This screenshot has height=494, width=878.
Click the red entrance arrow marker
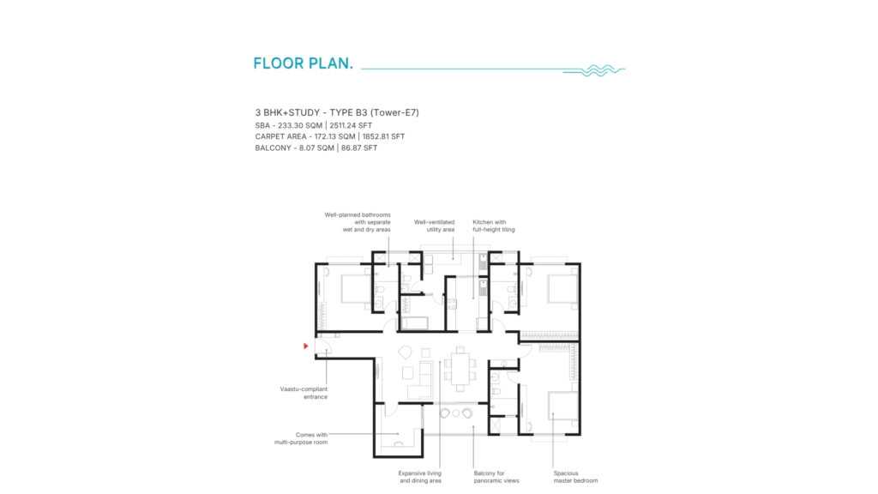(306, 346)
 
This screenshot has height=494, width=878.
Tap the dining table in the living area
(460, 370)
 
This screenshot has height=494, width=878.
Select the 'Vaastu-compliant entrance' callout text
(304, 393)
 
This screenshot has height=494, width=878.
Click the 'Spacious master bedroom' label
(575, 477)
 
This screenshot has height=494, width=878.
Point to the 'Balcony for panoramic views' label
(496, 477)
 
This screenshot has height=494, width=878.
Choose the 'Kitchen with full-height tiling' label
(493, 226)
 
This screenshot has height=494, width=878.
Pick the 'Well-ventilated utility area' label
(434, 226)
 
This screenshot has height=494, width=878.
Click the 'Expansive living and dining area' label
(419, 477)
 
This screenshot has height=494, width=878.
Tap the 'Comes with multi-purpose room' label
(301, 438)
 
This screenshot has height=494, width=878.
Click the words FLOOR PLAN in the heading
(303, 63)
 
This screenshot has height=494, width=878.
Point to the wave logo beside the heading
(594, 70)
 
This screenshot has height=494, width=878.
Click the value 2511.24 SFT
(351, 125)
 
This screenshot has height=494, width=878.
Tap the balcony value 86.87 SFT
(359, 148)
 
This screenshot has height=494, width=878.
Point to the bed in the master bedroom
(562, 407)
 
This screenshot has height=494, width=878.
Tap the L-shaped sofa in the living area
(420, 380)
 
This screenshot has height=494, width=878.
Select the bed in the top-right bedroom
(562, 289)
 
